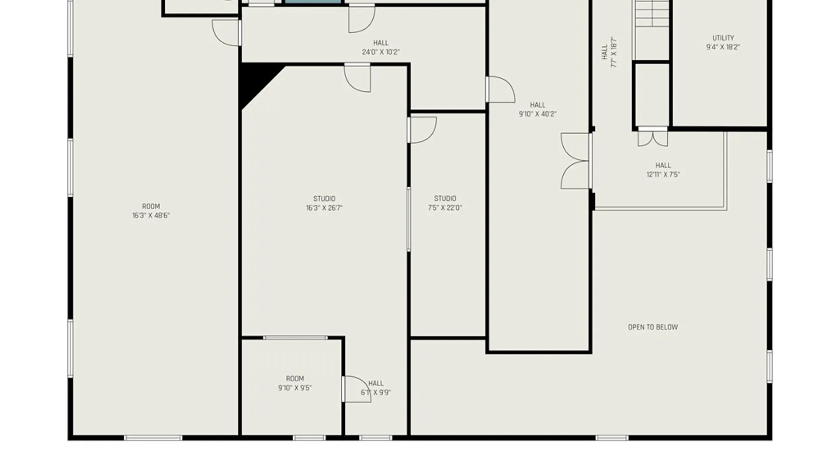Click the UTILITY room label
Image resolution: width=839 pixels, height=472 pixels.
pyautogui.click(x=723, y=38)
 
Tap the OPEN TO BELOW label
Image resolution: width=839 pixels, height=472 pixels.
pyautogui.click(x=653, y=327)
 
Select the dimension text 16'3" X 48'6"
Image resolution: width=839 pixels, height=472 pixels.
pyautogui.click(x=151, y=215)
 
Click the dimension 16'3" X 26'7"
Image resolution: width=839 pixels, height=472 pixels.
pyautogui.click(x=324, y=208)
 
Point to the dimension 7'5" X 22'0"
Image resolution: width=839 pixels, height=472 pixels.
pyautogui.click(x=445, y=208)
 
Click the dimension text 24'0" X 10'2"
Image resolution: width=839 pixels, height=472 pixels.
pyautogui.click(x=381, y=52)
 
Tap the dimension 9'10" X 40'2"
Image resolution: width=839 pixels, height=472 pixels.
pyautogui.click(x=537, y=114)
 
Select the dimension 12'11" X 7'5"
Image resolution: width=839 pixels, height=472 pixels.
pyautogui.click(x=663, y=175)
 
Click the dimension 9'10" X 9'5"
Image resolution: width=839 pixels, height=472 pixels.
pyautogui.click(x=295, y=388)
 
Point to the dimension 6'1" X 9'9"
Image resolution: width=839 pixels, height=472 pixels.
pyautogui.click(x=376, y=392)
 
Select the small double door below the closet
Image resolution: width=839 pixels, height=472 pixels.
pyautogui.click(x=652, y=137)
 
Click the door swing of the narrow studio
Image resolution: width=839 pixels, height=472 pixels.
pyautogui.click(x=422, y=129)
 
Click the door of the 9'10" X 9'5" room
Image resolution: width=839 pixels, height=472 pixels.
pyautogui.click(x=356, y=389)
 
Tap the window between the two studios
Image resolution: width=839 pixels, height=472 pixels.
pyautogui.click(x=409, y=219)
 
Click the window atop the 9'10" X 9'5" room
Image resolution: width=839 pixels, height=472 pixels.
pyautogui.click(x=295, y=338)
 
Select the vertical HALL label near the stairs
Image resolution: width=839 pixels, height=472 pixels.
pyautogui.click(x=605, y=52)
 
